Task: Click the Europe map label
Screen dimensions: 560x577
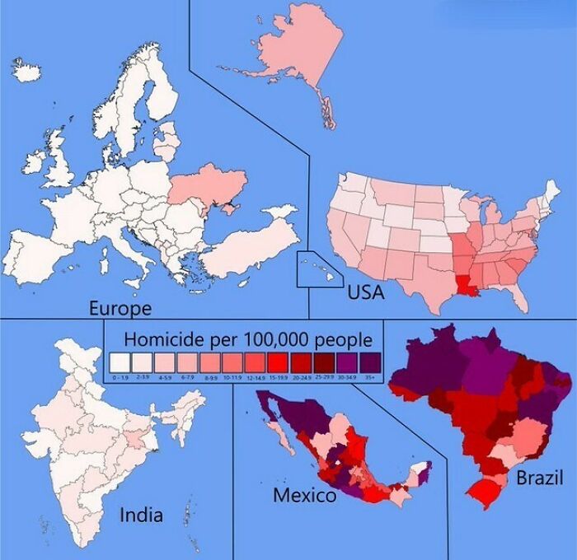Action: pyautogui.click(x=120, y=309)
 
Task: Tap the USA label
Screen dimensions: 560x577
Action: pyautogui.click(x=365, y=292)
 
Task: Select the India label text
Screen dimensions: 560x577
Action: pyautogui.click(x=141, y=516)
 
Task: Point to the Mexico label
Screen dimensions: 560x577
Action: pyautogui.click(x=304, y=496)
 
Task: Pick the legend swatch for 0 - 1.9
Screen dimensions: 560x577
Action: pyautogui.click(x=120, y=362)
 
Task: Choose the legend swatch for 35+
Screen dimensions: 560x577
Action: pyautogui.click(x=369, y=362)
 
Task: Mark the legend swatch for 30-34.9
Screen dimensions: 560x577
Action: pyautogui.click(x=346, y=362)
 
